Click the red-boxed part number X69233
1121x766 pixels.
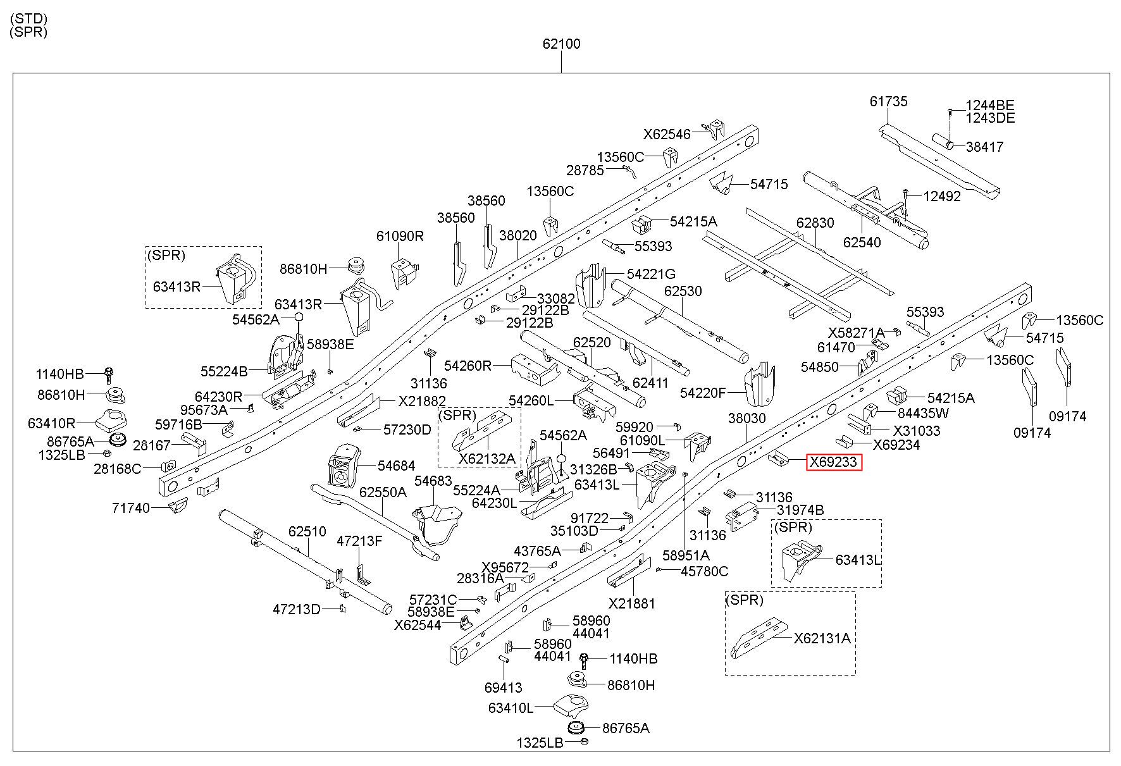tap(834, 462)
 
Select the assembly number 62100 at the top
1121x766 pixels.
tap(561, 44)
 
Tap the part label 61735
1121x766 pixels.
tap(889, 101)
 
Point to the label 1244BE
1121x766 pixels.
tap(990, 105)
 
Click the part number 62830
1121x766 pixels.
tap(815, 223)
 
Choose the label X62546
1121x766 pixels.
tap(667, 134)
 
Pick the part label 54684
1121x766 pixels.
tap(397, 466)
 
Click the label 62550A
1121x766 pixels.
tap(383, 491)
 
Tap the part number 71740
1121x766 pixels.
tap(131, 508)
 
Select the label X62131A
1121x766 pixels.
tap(822, 638)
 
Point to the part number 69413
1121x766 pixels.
tap(504, 688)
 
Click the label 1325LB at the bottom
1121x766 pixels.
tap(540, 743)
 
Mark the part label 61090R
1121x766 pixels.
tap(400, 236)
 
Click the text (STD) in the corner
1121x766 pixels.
tap(29, 19)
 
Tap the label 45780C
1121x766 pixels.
tap(704, 571)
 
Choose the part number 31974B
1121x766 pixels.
tap(800, 510)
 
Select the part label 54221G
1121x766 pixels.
tap(651, 274)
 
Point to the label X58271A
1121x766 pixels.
tap(856, 333)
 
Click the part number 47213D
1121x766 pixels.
tap(297, 609)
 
